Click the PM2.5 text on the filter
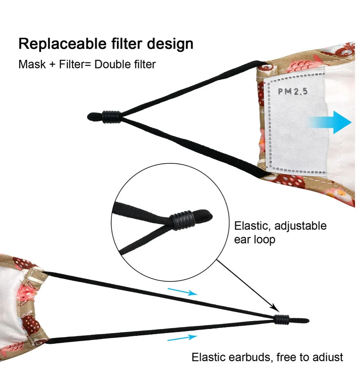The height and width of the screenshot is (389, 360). pos(293,91)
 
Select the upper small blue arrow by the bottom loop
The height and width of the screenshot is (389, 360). pos(183,291)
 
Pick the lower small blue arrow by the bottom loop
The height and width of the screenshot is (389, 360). pos(183,338)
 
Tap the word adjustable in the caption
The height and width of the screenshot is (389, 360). pos(301,226)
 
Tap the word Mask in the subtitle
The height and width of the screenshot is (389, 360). pos(32,64)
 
